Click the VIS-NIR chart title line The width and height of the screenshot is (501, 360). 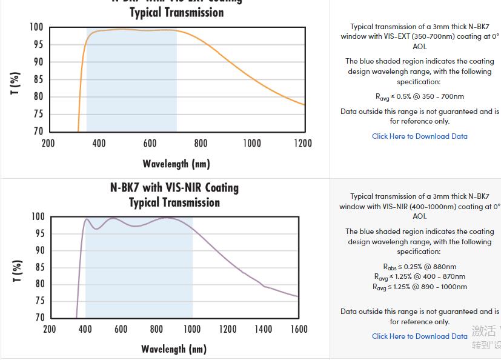(174, 187)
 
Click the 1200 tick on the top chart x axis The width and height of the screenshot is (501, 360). (303, 143)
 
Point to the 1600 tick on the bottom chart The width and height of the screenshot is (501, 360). (298, 329)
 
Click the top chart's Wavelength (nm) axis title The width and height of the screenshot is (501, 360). (176, 164)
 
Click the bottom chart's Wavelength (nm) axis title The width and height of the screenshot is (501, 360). (174, 348)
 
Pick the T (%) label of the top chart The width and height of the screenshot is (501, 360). (16, 83)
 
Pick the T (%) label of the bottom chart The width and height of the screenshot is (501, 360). (17, 271)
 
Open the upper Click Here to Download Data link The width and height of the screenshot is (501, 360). (420, 136)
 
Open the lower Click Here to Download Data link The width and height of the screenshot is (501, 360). (420, 336)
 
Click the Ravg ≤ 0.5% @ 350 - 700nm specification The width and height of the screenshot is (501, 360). (420, 96)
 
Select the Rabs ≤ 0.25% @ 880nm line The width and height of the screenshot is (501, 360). (420, 267)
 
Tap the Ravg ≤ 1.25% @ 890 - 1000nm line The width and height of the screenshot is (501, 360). (420, 287)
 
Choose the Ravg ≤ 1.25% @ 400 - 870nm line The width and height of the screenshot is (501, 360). (420, 276)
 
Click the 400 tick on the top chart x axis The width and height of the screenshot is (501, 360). (99, 143)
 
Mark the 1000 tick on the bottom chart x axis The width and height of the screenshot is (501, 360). (192, 329)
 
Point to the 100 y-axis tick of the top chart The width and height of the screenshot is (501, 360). (36, 27)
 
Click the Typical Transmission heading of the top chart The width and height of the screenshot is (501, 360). (176, 13)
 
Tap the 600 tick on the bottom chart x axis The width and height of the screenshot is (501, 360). (121, 329)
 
